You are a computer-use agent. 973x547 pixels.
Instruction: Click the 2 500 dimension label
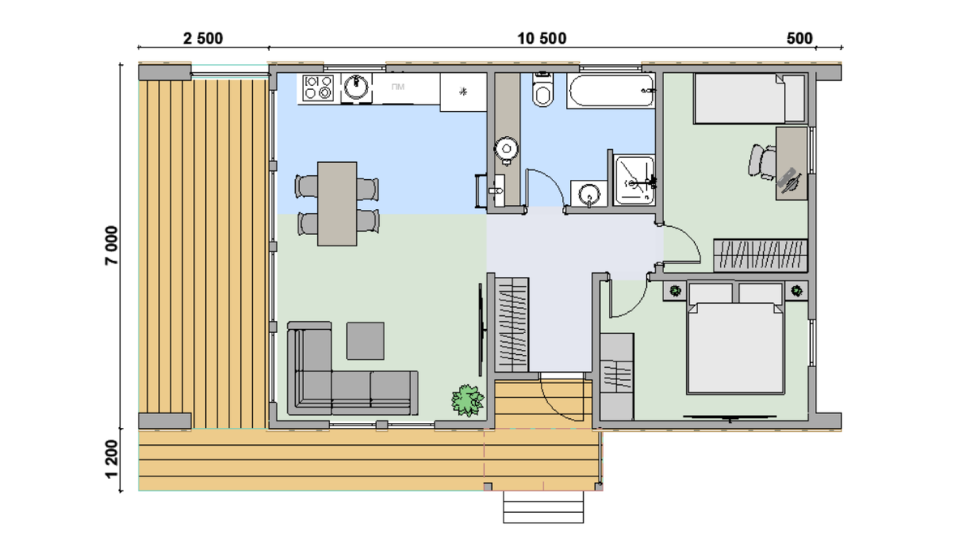click(203, 39)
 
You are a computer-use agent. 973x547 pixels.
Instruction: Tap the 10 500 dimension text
click(542, 39)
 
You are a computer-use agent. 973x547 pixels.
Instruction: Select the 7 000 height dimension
click(111, 246)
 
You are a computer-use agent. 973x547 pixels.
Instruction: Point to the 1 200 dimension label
click(111, 459)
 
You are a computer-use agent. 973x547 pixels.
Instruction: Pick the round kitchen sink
click(356, 87)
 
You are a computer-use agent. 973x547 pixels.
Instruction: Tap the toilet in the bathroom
click(543, 90)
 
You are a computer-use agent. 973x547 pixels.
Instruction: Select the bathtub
click(611, 91)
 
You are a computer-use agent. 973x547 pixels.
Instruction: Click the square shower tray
click(634, 180)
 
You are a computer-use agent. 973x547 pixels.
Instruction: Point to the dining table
click(337, 204)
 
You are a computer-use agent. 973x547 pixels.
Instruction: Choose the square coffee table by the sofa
click(365, 341)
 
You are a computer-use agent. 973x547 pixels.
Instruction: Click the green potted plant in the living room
click(467, 400)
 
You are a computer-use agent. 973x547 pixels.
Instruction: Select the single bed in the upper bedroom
click(749, 98)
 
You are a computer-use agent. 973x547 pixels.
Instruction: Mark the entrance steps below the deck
click(543, 507)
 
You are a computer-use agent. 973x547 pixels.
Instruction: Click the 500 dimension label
click(799, 39)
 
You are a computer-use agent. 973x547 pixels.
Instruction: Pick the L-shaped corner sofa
click(352, 369)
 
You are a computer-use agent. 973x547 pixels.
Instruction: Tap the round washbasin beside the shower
click(589, 194)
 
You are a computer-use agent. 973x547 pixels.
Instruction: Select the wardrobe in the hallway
click(512, 325)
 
